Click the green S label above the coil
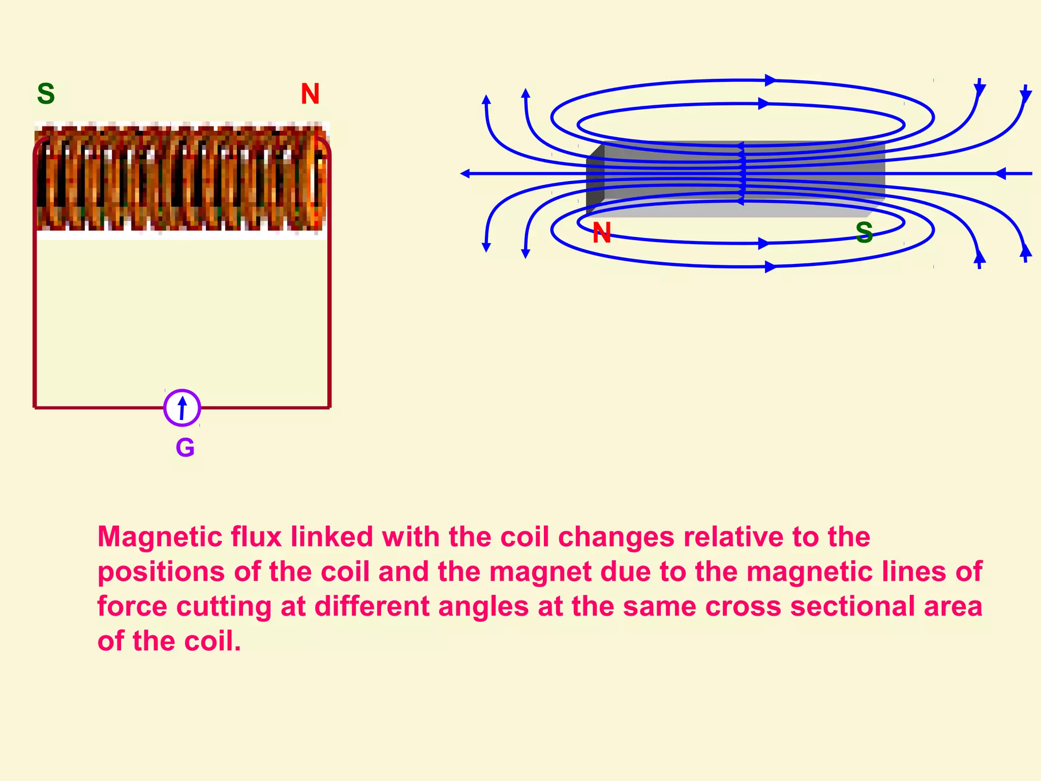point(46,94)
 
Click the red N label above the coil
point(310,94)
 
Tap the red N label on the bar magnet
point(602,233)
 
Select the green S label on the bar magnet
point(864,232)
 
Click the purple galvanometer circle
point(182,408)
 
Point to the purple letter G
point(185,448)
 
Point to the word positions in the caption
point(161,572)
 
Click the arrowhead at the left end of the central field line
point(465,174)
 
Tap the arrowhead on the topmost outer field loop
point(770,80)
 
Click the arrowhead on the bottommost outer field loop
point(770,266)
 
